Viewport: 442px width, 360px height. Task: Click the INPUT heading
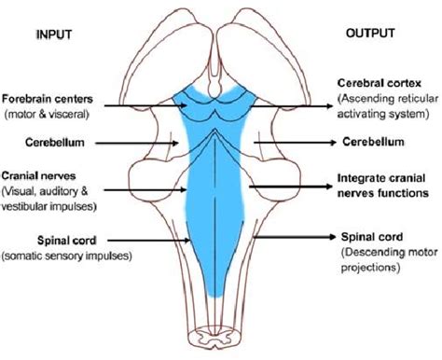point(54,35)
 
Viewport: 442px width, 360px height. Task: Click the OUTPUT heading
point(370,33)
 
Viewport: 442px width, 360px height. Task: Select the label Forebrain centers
point(48,99)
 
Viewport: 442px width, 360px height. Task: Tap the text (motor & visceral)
point(47,115)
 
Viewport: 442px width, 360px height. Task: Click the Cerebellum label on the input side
point(55,143)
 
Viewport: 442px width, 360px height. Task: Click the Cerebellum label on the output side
point(373,142)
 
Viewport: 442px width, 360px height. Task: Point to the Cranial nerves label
point(38,176)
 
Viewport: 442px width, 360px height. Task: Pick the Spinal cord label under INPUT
point(67,241)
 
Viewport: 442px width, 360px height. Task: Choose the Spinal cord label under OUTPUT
point(372,237)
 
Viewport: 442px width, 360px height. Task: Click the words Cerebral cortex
point(380,83)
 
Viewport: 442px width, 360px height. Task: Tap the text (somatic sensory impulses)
point(67,256)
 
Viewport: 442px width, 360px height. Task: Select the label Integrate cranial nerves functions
point(383,186)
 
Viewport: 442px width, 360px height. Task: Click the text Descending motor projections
point(390,259)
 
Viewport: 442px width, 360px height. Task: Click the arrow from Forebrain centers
point(145,105)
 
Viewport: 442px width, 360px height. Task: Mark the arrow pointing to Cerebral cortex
point(292,106)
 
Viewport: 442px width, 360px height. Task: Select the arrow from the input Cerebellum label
point(137,144)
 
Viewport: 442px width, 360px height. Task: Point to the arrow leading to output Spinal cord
point(295,237)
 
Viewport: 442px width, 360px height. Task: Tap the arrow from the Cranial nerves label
point(145,189)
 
